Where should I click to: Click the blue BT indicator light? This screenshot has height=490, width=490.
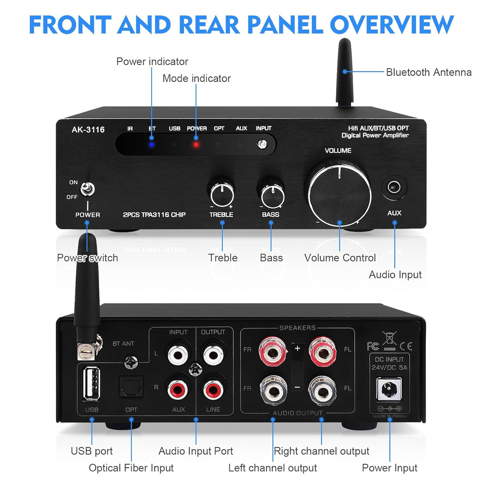click(x=151, y=144)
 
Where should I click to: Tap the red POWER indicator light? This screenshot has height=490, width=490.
click(x=196, y=144)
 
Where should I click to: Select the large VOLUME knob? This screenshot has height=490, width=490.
click(x=339, y=193)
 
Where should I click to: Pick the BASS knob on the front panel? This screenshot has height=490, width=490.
click(x=272, y=195)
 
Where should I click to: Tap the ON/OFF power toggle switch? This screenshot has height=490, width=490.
click(x=87, y=189)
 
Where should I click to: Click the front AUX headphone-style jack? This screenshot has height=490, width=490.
click(x=394, y=187)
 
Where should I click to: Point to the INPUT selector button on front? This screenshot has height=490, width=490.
click(x=262, y=144)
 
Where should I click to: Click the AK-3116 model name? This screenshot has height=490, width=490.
click(x=88, y=130)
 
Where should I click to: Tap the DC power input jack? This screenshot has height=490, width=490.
click(x=389, y=389)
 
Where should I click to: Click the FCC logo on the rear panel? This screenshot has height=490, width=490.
click(x=373, y=346)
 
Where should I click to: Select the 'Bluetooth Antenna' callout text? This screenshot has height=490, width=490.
click(x=429, y=72)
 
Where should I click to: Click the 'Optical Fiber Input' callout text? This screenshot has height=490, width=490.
click(x=131, y=468)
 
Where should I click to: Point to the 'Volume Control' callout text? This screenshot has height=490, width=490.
click(x=340, y=258)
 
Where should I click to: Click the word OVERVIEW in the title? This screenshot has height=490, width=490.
click(x=392, y=25)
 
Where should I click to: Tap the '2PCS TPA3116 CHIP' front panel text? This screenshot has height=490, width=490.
click(x=154, y=215)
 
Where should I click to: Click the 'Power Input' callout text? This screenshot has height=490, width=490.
click(x=389, y=468)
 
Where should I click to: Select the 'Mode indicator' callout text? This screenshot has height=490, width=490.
click(x=197, y=78)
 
